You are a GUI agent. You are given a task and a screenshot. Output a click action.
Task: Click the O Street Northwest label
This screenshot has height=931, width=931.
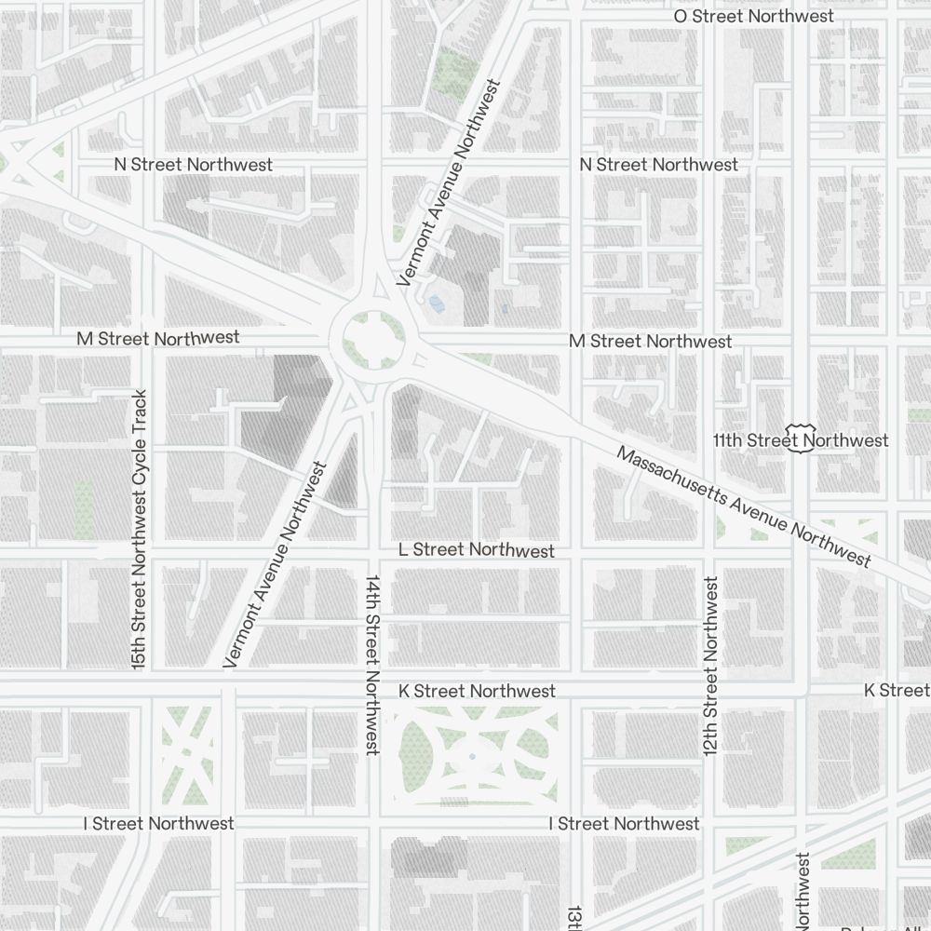pyautogui.click(x=753, y=16)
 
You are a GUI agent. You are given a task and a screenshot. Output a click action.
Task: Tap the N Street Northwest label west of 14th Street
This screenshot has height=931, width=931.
pyautogui.click(x=193, y=165)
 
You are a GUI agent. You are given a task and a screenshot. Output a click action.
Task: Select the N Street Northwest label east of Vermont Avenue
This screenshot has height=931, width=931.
pyautogui.click(x=658, y=165)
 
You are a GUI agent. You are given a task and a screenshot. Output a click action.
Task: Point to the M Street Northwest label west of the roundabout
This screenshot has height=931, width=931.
pyautogui.click(x=157, y=338)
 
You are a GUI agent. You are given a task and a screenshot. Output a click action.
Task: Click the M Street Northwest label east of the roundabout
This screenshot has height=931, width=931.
pyautogui.click(x=650, y=342)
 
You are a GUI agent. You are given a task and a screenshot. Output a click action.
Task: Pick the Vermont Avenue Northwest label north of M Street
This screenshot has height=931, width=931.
pyautogui.click(x=448, y=182)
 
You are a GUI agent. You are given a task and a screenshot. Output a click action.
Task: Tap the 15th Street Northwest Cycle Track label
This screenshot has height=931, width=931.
pyautogui.click(x=140, y=529)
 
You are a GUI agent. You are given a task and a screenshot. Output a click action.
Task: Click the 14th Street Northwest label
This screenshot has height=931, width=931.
pyautogui.click(x=372, y=664)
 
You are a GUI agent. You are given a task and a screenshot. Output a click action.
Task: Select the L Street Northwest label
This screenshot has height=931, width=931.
pyautogui.click(x=476, y=550)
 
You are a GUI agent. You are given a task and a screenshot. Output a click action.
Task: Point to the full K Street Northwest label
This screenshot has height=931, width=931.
pyautogui.click(x=477, y=691)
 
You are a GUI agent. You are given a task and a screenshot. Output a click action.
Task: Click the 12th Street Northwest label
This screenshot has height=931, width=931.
pyautogui.click(x=711, y=666)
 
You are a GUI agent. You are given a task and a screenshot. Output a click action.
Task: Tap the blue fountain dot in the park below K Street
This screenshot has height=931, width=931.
pyautogui.click(x=472, y=756)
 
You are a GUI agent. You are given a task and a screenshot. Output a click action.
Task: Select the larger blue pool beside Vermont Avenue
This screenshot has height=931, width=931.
pyautogui.click(x=436, y=302)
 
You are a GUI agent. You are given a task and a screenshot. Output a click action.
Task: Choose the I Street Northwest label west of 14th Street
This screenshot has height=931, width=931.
pyautogui.click(x=158, y=823)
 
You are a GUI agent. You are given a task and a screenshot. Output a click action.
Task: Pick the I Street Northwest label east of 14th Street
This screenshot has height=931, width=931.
pyautogui.click(x=624, y=823)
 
